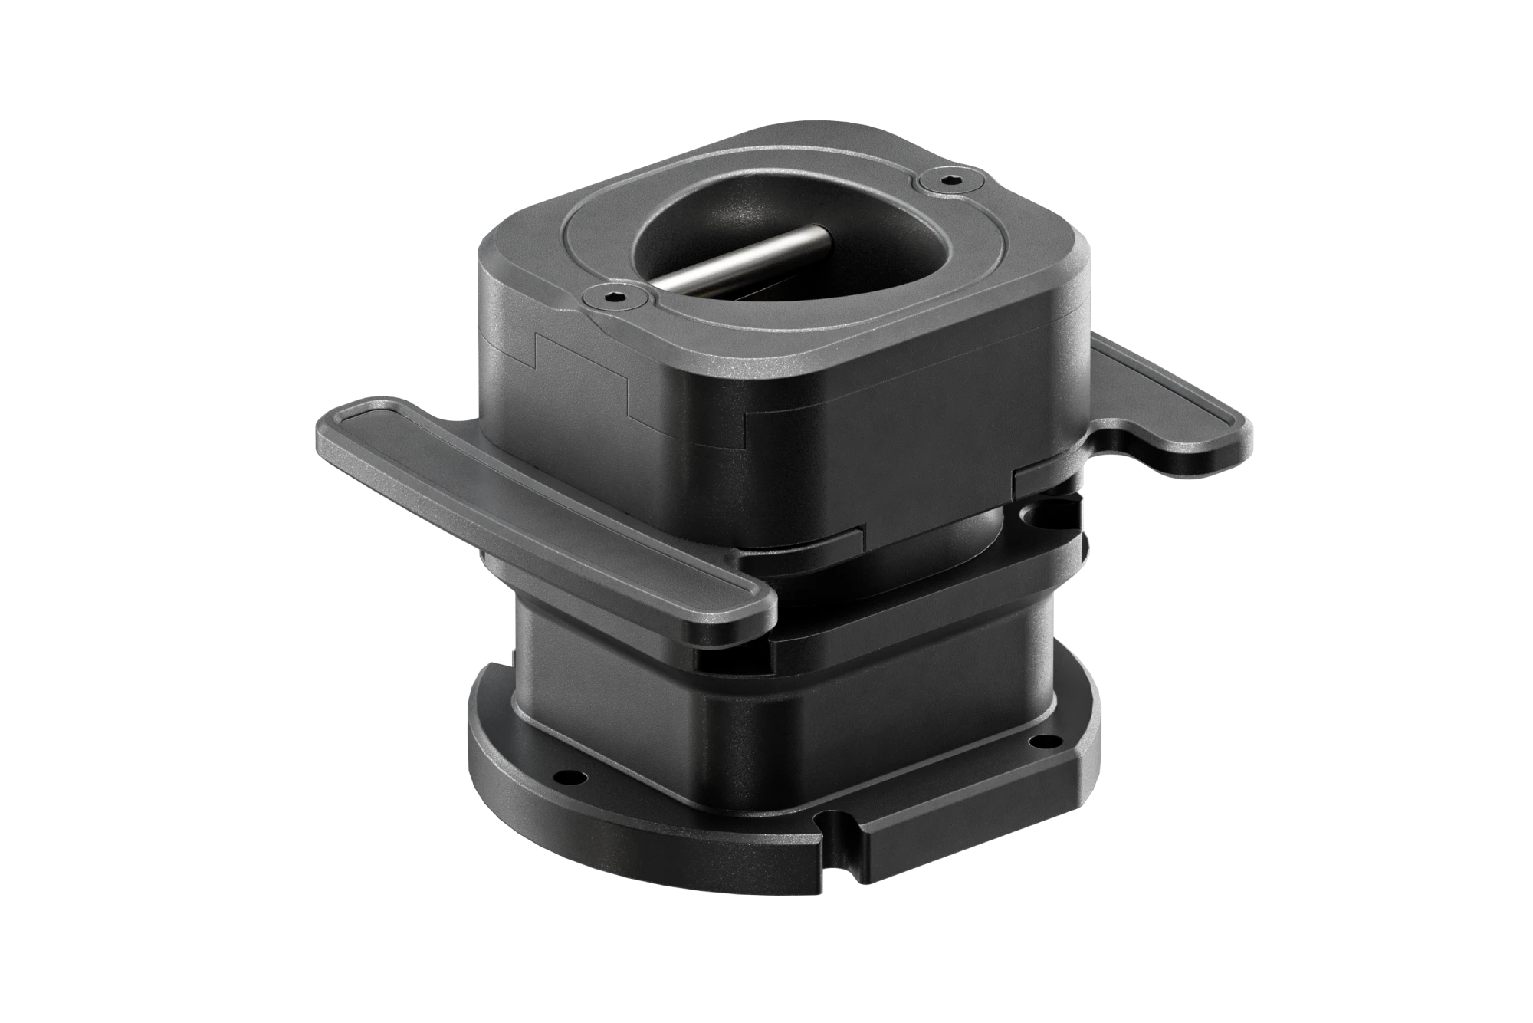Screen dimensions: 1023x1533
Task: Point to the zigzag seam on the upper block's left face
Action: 583,376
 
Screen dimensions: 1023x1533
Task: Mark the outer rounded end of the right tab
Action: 1246,429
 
